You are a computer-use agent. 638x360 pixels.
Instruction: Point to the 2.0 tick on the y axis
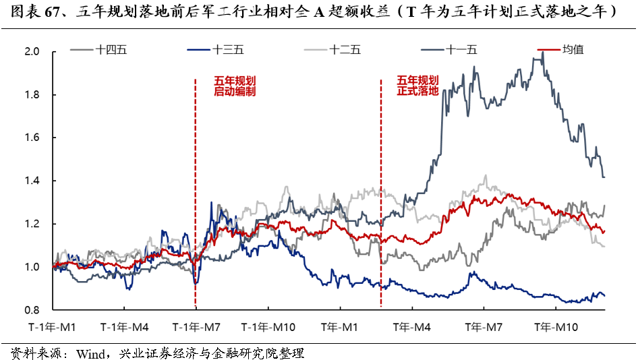pos(32,52)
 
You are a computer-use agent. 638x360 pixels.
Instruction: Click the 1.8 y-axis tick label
pos(32,95)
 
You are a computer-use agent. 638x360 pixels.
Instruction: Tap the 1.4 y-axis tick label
pos(32,181)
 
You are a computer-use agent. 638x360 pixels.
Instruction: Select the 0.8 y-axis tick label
pos(32,311)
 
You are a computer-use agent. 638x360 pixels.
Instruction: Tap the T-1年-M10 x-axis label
pos(268,327)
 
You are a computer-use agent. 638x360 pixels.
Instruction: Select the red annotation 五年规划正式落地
pos(418,84)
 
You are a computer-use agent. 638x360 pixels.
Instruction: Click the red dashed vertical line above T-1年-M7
pos(196,169)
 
